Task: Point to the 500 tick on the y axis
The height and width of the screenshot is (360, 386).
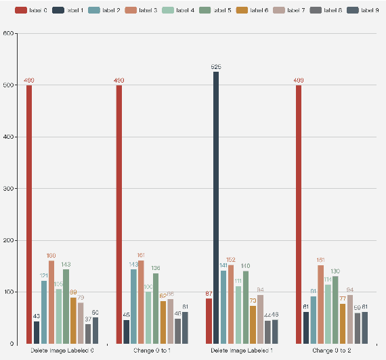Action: pyautogui.click(x=9, y=85)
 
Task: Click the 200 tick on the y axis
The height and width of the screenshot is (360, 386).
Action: pyautogui.click(x=9, y=240)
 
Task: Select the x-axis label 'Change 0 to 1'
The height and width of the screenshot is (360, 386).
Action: pyautogui.click(x=152, y=351)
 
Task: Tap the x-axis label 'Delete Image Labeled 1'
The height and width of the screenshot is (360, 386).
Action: pyautogui.click(x=242, y=351)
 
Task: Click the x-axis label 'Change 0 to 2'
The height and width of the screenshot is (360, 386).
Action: pyautogui.click(x=332, y=351)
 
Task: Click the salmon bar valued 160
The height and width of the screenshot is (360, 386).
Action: pyautogui.click(x=51, y=302)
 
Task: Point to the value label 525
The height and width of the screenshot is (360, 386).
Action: pyautogui.click(x=216, y=67)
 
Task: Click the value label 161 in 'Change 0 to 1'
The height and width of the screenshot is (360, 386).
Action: pyautogui.click(x=141, y=255)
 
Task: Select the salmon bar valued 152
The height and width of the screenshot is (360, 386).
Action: pyautogui.click(x=231, y=304)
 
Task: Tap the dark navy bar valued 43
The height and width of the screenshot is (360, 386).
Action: pyautogui.click(x=37, y=332)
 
